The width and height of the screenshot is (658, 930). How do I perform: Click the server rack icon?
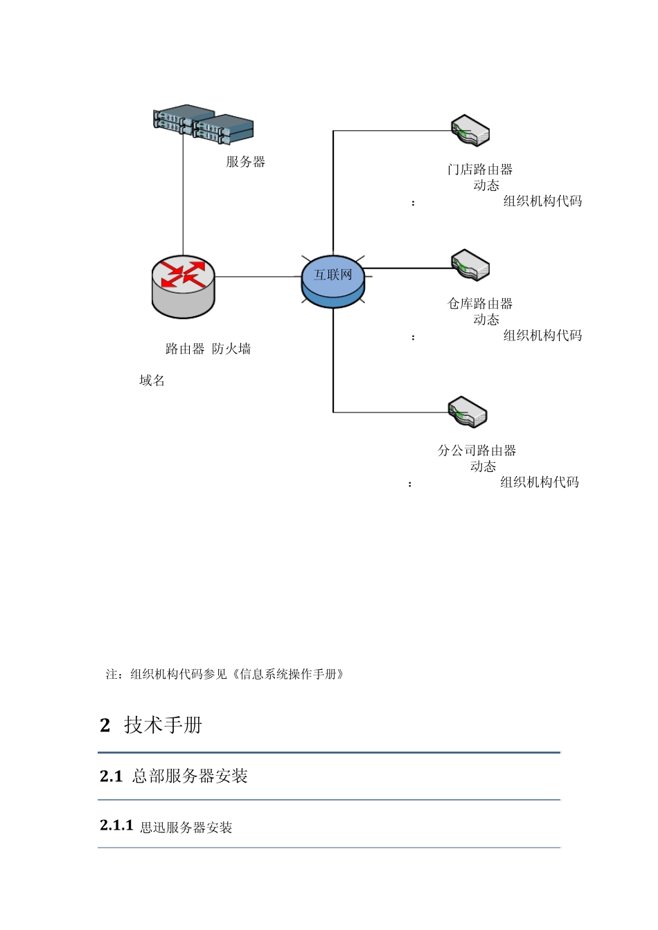pos(203,125)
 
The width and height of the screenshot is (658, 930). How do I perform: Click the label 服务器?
pos(245,162)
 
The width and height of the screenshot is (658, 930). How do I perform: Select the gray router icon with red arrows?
pos(184,286)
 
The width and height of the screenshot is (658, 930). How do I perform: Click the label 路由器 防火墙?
pos(208,349)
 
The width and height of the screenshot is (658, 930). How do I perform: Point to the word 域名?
pos(152,381)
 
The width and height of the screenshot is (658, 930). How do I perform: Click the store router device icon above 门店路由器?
pos(470,130)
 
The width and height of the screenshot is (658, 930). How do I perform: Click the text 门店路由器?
pos(480,170)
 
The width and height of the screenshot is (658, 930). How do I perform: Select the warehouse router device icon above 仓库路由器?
pos(470,265)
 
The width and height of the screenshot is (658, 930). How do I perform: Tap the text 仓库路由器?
pos(480,304)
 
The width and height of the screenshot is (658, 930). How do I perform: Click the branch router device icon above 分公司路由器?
pos(468,412)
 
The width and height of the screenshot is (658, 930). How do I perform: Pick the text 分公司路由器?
pos(477,450)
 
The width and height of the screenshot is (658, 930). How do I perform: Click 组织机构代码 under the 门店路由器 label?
pos(542,201)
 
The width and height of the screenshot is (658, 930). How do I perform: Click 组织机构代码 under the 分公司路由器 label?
pos(540,482)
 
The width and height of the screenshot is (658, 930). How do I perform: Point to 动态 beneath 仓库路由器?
pos(486,320)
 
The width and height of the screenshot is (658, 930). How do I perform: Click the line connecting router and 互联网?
pos(258,277)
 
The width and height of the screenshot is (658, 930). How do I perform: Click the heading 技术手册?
pos(163,725)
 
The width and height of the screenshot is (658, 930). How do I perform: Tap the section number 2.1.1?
pos(116,826)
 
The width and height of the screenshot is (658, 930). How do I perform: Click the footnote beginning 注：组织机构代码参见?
pos(224,674)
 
